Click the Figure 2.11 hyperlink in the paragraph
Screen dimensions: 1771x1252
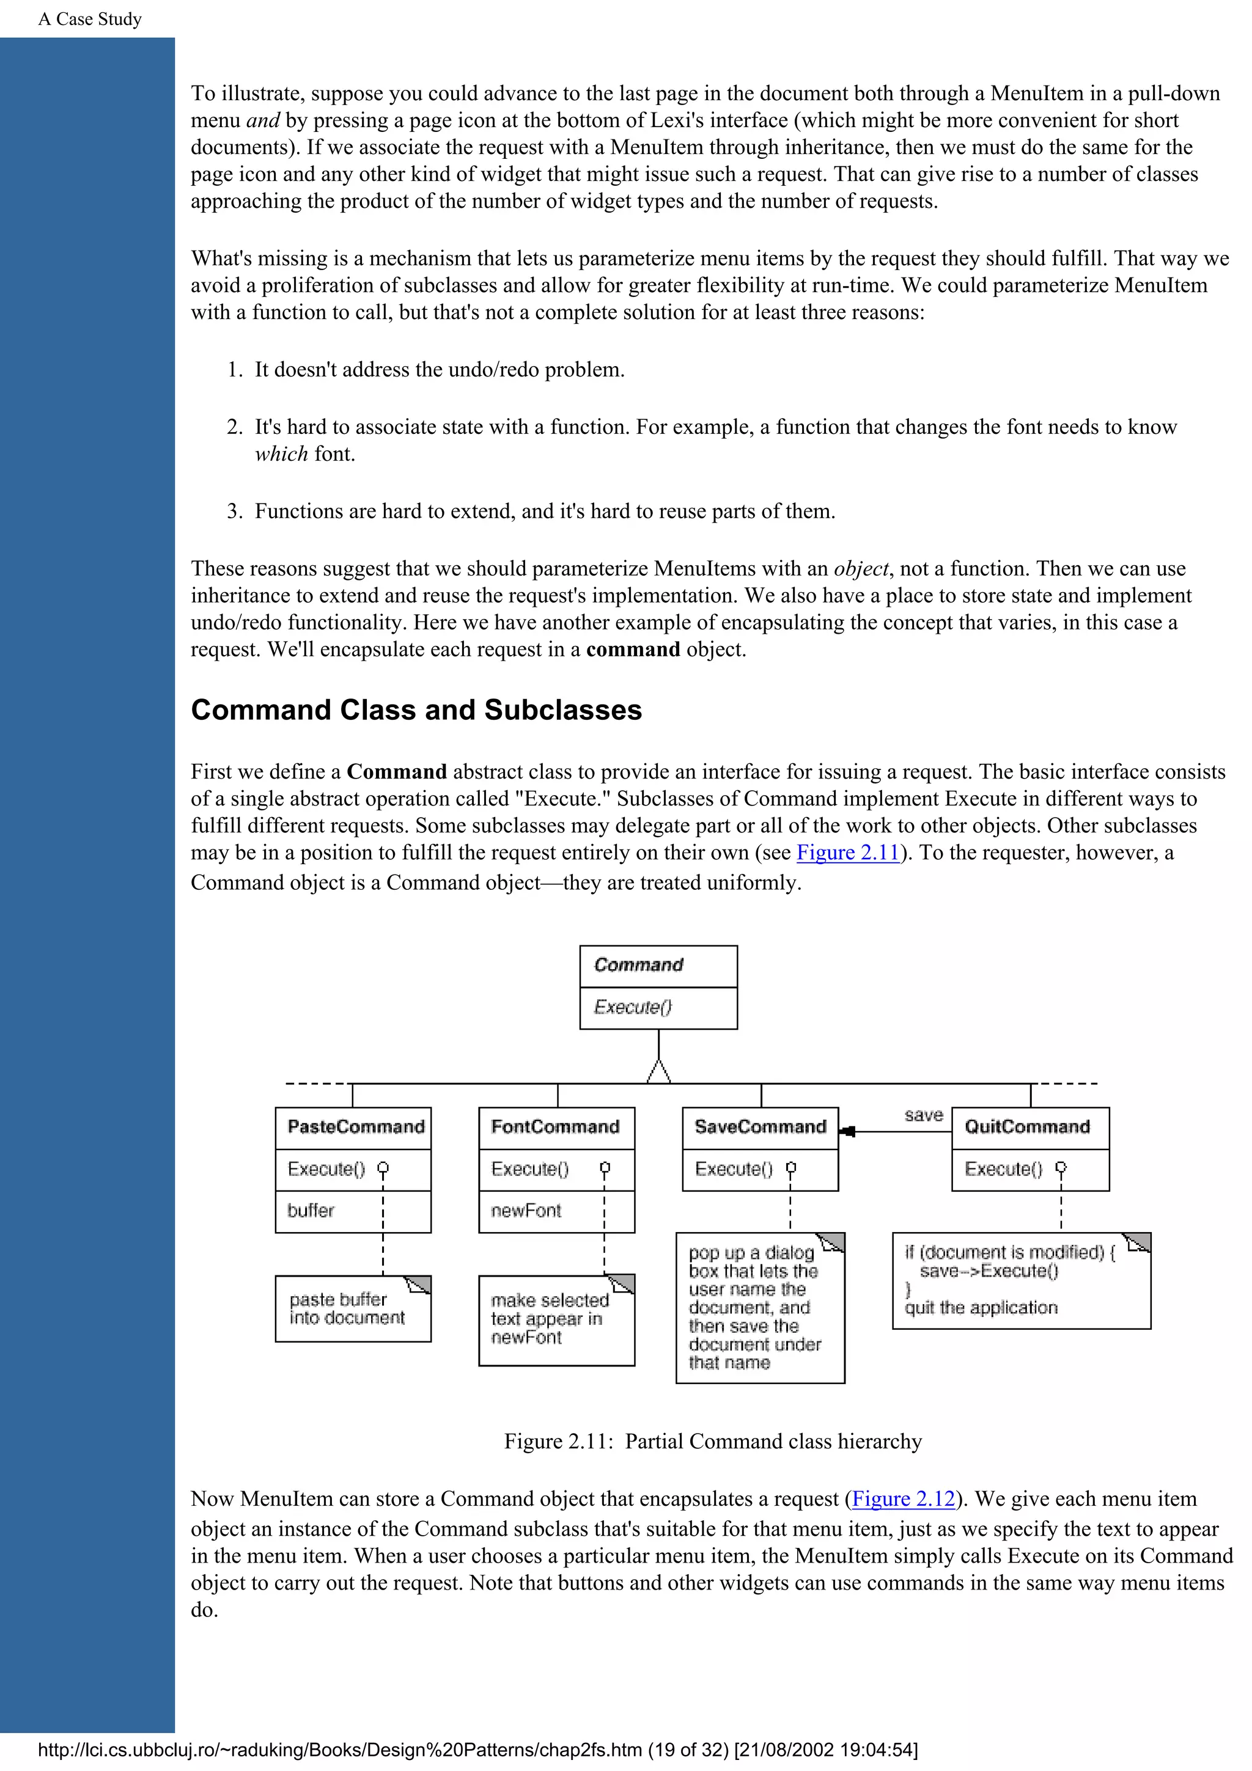coord(848,853)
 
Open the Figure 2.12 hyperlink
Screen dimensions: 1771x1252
coord(904,1498)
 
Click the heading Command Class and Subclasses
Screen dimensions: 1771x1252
coord(416,710)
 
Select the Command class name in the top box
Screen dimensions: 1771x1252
coord(639,965)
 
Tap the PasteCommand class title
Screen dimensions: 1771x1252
coord(356,1127)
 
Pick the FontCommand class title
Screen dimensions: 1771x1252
coord(556,1127)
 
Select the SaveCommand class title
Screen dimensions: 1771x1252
coord(760,1127)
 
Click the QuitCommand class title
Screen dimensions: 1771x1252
coord(1027,1127)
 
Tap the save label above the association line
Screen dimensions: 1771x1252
coord(923,1115)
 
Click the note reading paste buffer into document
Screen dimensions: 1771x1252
coord(347,1309)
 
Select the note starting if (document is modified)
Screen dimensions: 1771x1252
coord(1011,1280)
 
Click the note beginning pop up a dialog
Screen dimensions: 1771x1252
coord(754,1307)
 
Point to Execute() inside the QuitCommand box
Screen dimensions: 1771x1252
coord(1003,1169)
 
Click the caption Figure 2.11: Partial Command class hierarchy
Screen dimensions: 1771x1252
coord(713,1442)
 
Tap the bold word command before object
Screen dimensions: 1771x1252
coord(633,650)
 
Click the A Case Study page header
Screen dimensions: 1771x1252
coord(90,20)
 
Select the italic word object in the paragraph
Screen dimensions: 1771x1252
coord(861,568)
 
